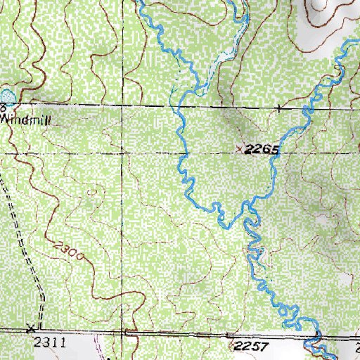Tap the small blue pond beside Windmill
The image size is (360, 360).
(x=6, y=96)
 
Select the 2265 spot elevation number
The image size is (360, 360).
(x=264, y=150)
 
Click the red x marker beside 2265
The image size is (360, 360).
(x=243, y=149)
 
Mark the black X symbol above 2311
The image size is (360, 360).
(x=31, y=328)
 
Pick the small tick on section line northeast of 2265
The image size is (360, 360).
(x=279, y=109)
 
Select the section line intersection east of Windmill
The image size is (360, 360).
(x=128, y=107)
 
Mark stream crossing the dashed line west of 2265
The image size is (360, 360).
(x=186, y=152)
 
